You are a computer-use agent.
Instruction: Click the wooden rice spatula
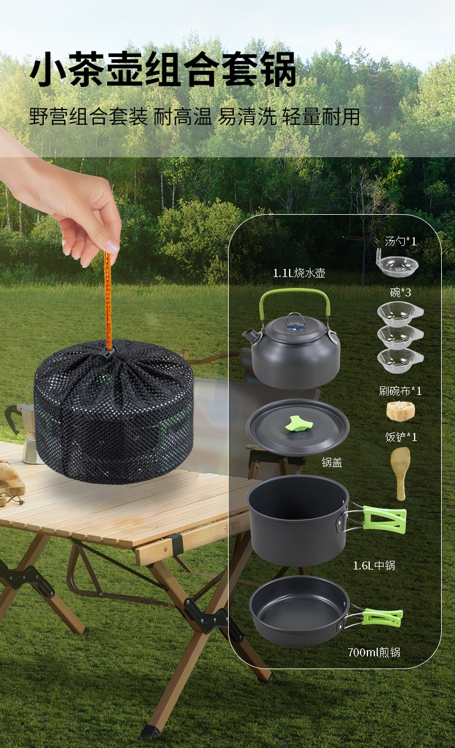click(x=400, y=473)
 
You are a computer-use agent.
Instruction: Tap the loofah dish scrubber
click(x=400, y=411)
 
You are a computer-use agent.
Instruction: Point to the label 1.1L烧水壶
click(x=299, y=273)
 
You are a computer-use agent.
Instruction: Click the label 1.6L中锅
click(x=374, y=565)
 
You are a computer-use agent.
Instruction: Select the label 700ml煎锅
click(x=374, y=652)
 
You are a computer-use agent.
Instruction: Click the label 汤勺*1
click(x=401, y=241)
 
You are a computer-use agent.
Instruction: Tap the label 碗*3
click(x=400, y=293)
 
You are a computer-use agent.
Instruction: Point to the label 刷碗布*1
click(x=400, y=390)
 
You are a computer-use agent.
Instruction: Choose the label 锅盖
click(x=332, y=462)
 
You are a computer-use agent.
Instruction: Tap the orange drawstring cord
click(x=108, y=301)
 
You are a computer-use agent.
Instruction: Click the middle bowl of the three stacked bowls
click(x=400, y=337)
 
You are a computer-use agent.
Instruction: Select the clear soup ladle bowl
click(x=397, y=266)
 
